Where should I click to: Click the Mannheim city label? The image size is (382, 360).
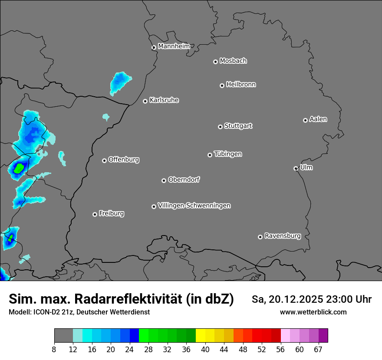[x=174, y=46]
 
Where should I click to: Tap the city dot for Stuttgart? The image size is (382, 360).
[x=220, y=127]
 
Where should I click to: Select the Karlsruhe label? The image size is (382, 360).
[x=164, y=100]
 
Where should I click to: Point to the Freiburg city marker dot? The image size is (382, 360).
[x=95, y=214]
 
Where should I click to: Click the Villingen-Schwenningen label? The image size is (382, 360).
[x=194, y=206]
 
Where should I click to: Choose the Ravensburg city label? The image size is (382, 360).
[x=282, y=236]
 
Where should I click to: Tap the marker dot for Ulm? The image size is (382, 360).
[x=296, y=168]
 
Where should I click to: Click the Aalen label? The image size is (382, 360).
[x=318, y=119]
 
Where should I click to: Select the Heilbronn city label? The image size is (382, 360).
[x=241, y=85]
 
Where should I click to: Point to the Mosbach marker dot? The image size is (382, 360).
[x=215, y=62]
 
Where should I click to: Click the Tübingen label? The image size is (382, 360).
[x=228, y=154]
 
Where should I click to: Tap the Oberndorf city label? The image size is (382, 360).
[x=184, y=180]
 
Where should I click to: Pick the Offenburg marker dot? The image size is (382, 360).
[x=104, y=160]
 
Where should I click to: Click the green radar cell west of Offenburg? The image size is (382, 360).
[x=19, y=168]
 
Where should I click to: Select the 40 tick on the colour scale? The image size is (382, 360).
[x=205, y=350]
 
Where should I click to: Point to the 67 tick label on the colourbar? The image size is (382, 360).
[x=318, y=350]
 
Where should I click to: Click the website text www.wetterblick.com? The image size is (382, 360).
[x=313, y=312]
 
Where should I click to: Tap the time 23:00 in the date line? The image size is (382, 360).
[x=331, y=299]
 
